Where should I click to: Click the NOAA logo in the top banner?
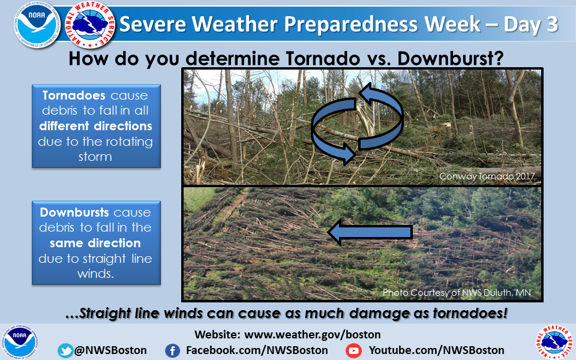(37, 25)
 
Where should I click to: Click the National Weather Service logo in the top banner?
(90, 25)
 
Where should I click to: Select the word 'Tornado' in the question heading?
(323, 58)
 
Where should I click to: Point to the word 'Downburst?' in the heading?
(451, 58)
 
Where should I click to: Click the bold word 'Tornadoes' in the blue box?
(74, 95)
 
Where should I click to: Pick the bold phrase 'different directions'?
(95, 126)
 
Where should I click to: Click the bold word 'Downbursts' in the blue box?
(74, 212)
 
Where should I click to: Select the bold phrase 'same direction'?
(95, 243)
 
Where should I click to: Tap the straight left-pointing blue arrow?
(370, 232)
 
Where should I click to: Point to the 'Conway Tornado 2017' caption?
(487, 176)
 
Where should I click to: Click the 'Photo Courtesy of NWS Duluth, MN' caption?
(457, 292)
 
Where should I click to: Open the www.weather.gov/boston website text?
(312, 335)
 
